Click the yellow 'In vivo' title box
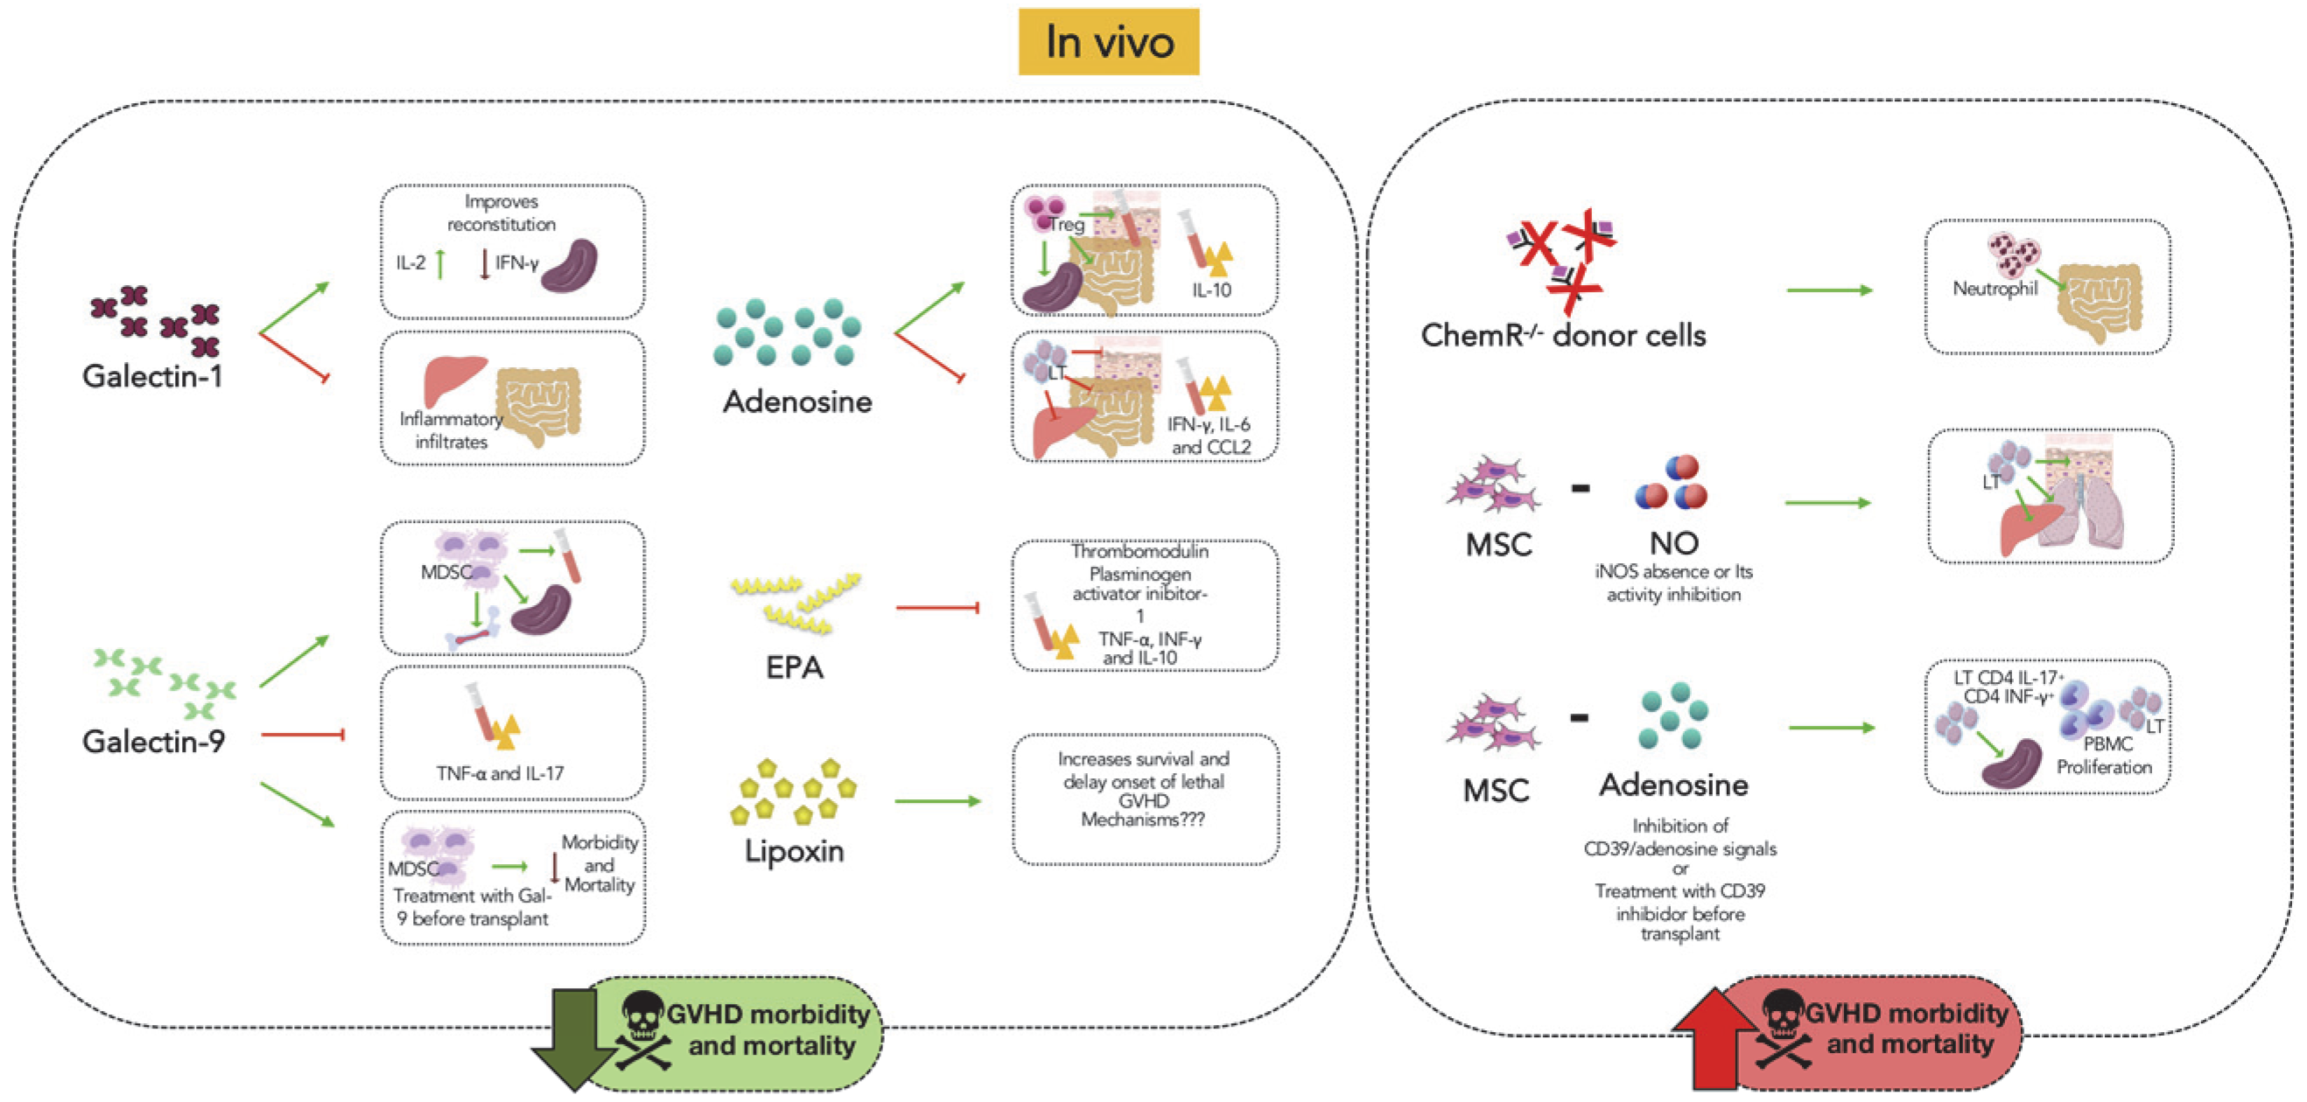tap(1109, 41)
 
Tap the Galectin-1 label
tap(152, 376)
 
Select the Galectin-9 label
tap(153, 740)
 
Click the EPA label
tap(795, 667)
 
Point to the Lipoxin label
tap(795, 849)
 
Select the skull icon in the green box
tap(643, 1030)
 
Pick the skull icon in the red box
tap(1783, 1029)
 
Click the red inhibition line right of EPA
tap(936, 608)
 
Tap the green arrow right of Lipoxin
tap(937, 801)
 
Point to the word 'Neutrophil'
tap(1995, 289)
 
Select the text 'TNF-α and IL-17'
tap(500, 772)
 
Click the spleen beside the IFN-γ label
tap(570, 266)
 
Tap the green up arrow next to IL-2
tap(440, 264)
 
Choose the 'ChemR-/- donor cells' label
tap(1563, 335)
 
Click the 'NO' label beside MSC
tap(1674, 542)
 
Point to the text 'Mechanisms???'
tap(1143, 820)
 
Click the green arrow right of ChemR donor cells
tap(1830, 290)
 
